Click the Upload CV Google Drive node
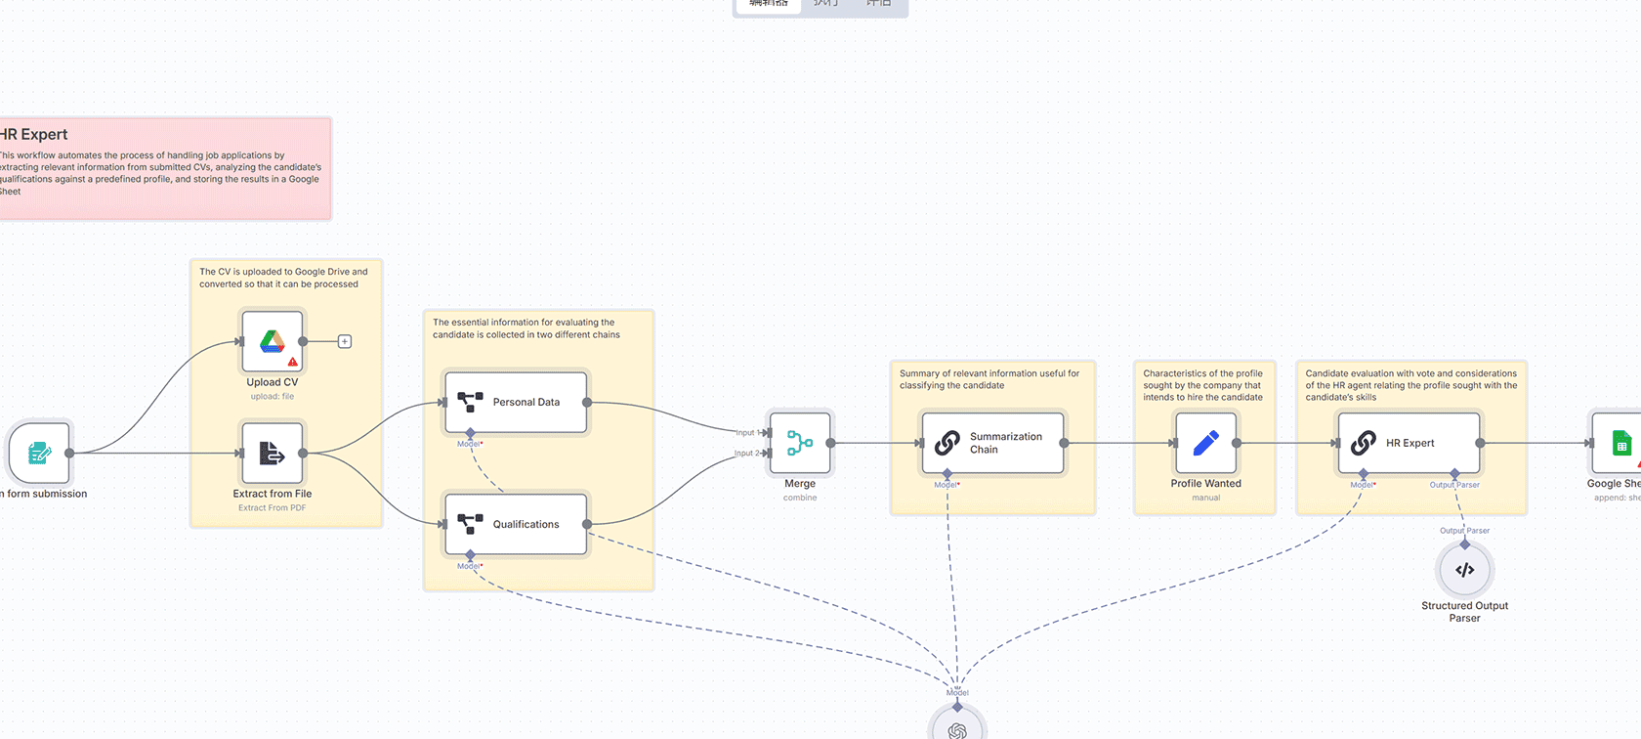[273, 341]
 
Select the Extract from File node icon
[273, 453]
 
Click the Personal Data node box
[516, 402]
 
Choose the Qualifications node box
[516, 524]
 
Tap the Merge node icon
[800, 443]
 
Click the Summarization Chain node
[992, 443]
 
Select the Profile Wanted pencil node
[1206, 443]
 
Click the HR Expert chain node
[1409, 443]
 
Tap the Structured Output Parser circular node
[1464, 570]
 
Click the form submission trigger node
[39, 453]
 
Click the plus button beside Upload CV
[345, 341]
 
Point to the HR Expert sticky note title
[34, 135]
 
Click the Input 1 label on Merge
[747, 432]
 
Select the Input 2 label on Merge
[747, 453]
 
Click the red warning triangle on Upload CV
[292, 362]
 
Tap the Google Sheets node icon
[1621, 443]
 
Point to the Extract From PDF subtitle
[272, 508]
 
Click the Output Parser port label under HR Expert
[1454, 485]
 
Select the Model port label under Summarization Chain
[946, 485]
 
